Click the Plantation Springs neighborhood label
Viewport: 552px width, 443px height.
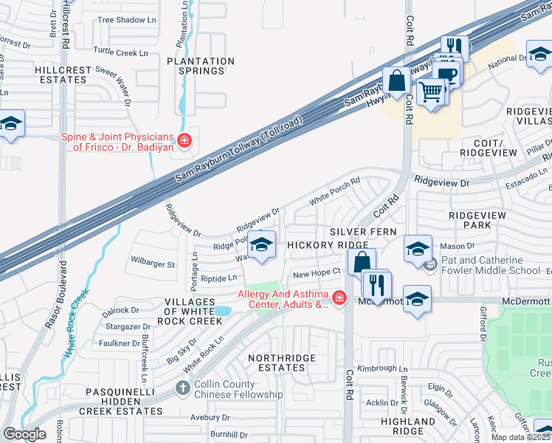pos(196,66)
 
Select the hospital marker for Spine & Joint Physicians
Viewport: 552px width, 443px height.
pos(184,140)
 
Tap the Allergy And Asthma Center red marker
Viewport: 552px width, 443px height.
pos(339,298)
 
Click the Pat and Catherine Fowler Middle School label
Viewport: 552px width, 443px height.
pos(491,266)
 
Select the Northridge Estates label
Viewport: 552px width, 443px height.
pos(281,363)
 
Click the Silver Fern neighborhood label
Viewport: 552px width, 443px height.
pos(363,232)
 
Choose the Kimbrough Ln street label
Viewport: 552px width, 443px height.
pos(383,368)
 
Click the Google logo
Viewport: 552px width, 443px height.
pos(24,434)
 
